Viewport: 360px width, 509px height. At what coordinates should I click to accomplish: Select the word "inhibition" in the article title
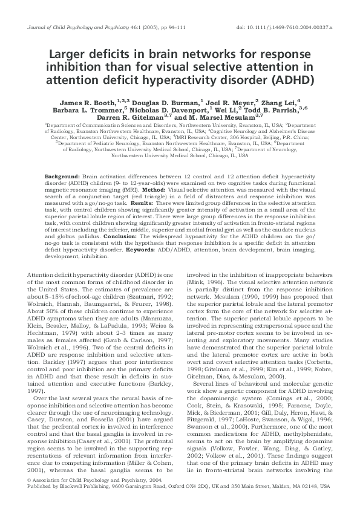click(x=73, y=65)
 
